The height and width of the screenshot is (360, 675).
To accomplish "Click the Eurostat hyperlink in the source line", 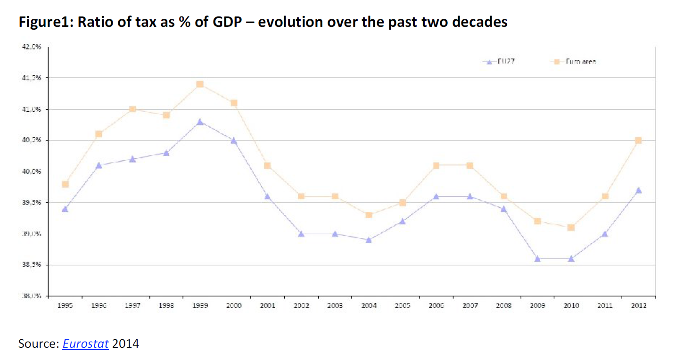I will point(86,344).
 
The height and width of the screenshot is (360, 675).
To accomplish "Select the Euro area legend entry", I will point(575,61).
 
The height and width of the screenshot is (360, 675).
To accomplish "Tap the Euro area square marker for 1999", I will point(200,84).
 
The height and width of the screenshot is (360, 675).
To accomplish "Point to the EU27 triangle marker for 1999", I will point(200,122).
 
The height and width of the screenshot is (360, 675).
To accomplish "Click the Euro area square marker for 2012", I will point(638,140).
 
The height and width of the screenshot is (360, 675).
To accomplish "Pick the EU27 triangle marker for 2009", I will point(537,259).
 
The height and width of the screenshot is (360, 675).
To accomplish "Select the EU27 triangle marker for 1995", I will point(65,209).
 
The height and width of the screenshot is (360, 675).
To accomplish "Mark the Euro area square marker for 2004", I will point(369,215).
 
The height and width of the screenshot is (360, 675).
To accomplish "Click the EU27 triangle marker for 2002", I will point(301,234).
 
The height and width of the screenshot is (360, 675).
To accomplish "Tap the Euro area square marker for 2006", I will point(436,165).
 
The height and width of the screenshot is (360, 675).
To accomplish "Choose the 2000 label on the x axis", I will point(233,306).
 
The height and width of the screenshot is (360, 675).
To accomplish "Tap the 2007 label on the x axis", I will point(469,306).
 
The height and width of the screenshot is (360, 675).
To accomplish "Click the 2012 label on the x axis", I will point(638,306).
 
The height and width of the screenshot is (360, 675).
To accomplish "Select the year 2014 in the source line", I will point(126,344).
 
